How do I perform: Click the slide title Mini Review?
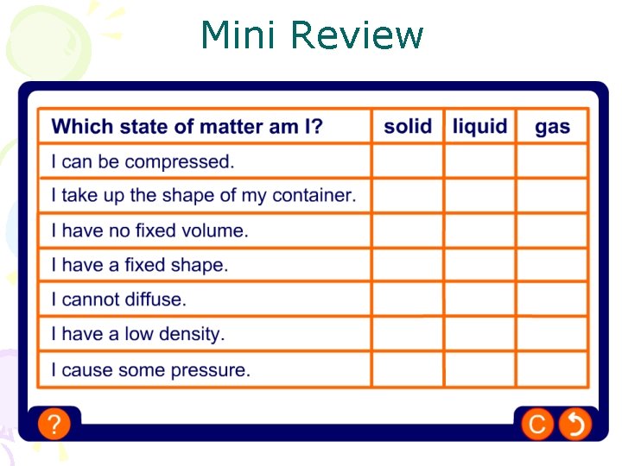(x=312, y=36)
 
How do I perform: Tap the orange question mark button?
(x=54, y=424)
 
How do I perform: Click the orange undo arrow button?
(x=574, y=424)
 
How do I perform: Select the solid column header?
(x=408, y=126)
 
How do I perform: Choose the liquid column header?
(x=480, y=126)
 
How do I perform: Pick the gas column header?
(x=552, y=127)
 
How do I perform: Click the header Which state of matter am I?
(x=187, y=127)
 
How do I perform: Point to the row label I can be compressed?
(x=143, y=161)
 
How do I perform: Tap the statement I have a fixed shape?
(x=140, y=265)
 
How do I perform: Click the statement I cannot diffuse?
(x=118, y=299)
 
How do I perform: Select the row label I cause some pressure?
(x=150, y=370)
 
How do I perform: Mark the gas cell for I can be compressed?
(x=552, y=161)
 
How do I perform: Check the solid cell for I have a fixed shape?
(x=408, y=265)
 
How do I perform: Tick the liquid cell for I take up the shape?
(x=480, y=196)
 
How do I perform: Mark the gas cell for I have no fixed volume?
(x=552, y=230)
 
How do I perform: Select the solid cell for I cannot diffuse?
(x=408, y=299)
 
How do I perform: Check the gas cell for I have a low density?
(x=552, y=334)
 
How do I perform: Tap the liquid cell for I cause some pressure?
(x=480, y=370)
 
